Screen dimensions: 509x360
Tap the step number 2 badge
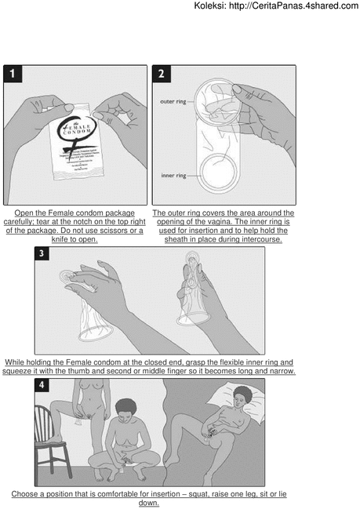[162, 74]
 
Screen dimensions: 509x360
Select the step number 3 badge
[43, 254]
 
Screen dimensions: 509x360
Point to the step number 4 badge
[43, 386]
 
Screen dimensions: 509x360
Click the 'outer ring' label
[173, 100]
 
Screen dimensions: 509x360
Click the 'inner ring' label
[173, 176]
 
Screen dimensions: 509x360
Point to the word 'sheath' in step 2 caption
[182, 239]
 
